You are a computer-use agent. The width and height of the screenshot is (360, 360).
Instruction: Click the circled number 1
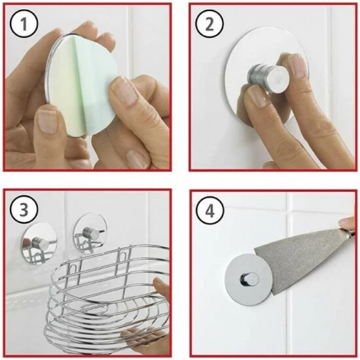[24, 24]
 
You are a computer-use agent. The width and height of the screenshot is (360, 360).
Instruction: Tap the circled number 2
[209, 24]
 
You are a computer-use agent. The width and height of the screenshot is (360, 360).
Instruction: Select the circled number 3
[24, 209]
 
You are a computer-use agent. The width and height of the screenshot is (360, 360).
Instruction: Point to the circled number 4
[209, 210]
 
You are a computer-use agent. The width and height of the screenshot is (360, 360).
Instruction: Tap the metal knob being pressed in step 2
[268, 79]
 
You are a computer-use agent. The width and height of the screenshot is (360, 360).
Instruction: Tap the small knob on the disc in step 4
[249, 278]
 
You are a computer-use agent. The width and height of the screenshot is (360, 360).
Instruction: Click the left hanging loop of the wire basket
[74, 268]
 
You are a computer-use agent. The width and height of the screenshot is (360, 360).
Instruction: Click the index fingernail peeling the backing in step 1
[124, 91]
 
